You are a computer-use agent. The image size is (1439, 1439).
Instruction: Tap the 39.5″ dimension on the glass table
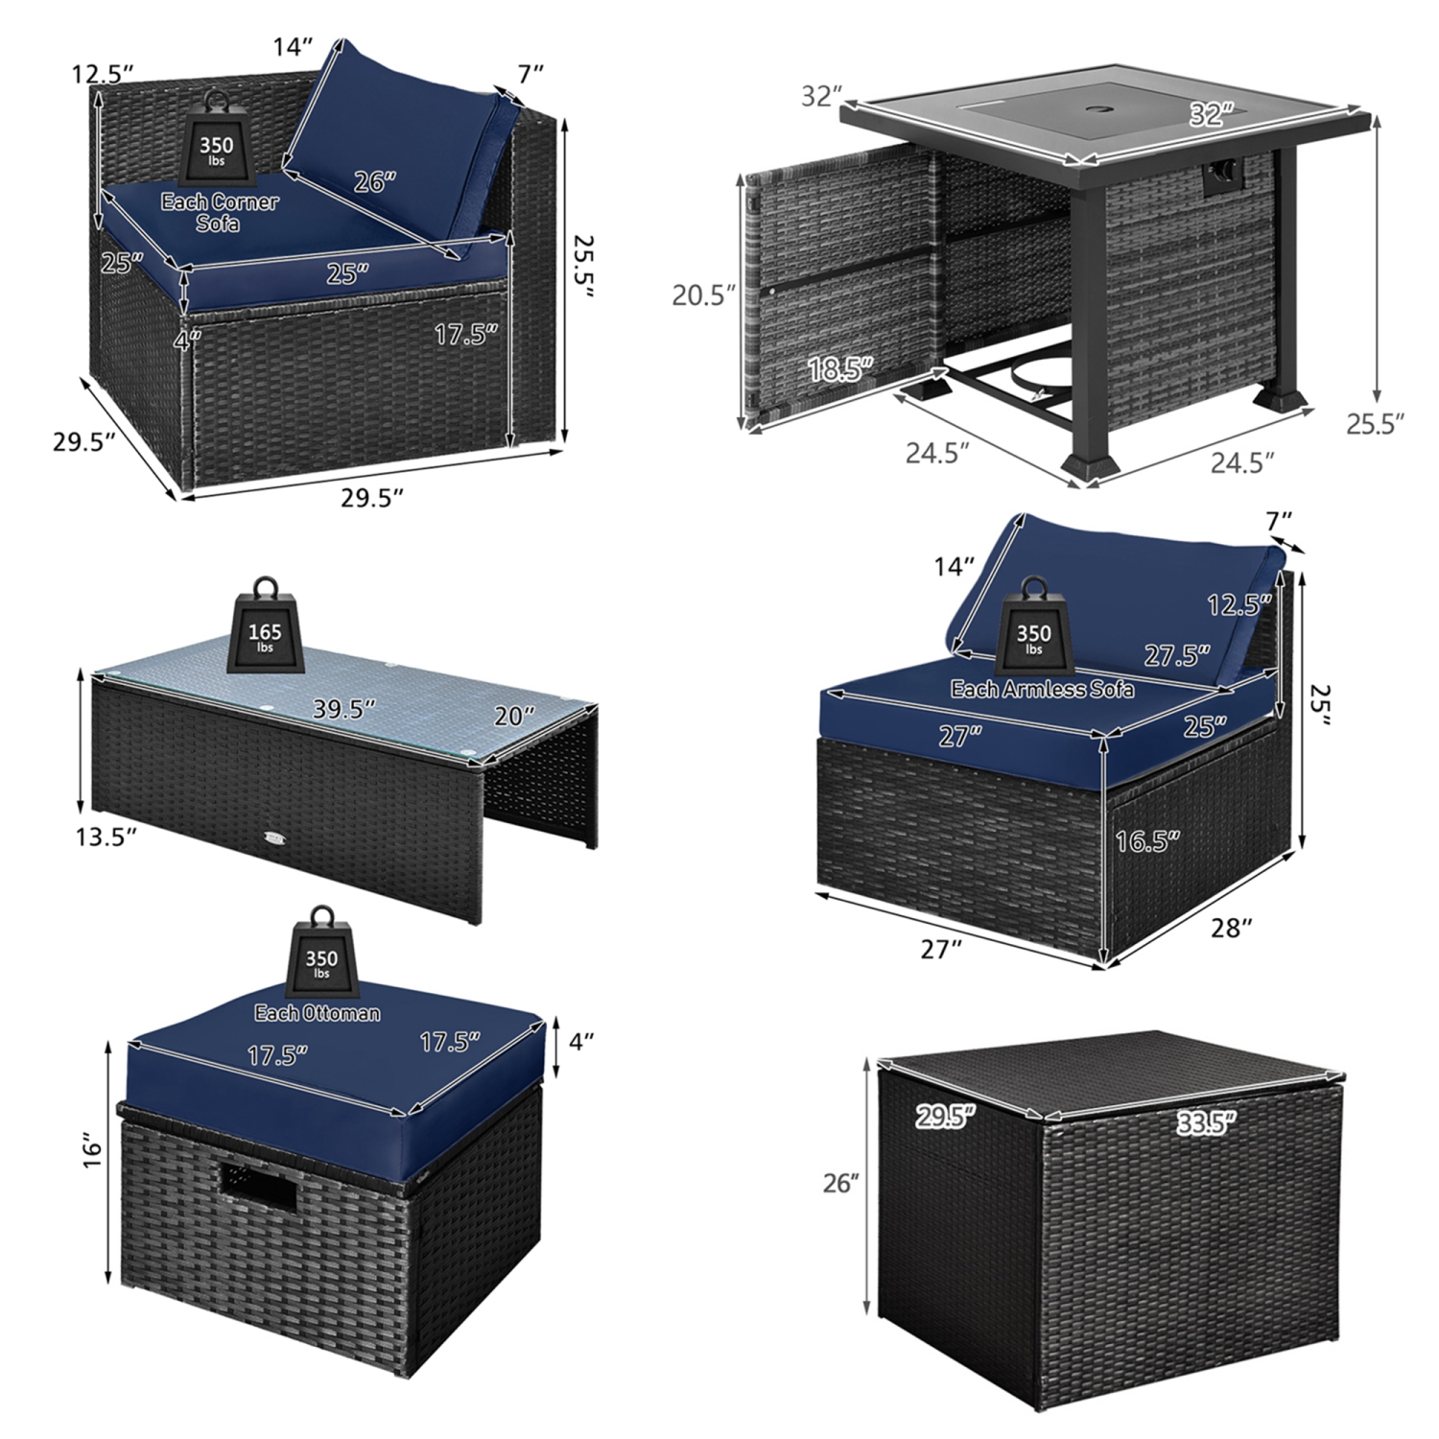point(343,708)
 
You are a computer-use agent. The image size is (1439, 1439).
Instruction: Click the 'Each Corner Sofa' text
point(220,212)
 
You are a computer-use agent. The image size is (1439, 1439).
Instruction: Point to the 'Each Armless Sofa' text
point(1042,689)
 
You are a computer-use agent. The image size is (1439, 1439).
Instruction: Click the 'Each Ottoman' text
point(317,1013)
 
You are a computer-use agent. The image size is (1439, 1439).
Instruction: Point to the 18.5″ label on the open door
point(841,368)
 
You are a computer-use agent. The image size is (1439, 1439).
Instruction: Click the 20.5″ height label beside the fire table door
point(703,295)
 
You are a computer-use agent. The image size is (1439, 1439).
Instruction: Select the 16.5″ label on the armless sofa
point(1146,841)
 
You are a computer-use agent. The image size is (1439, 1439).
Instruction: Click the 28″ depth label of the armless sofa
point(1232,928)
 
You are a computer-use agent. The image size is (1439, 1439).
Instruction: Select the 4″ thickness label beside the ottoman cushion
point(581,1040)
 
